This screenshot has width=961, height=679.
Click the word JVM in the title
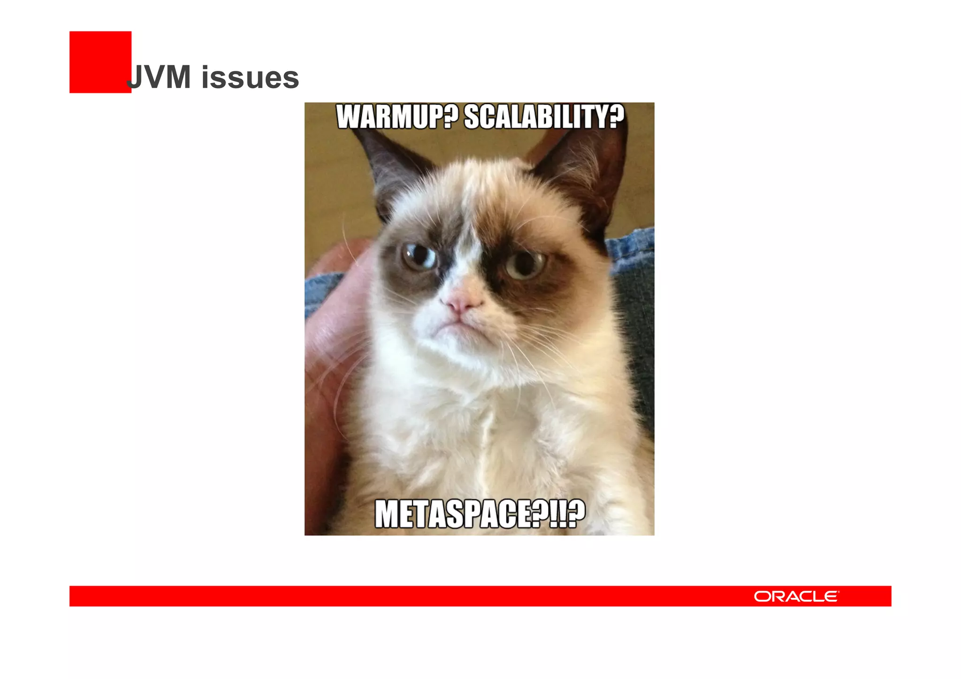160,77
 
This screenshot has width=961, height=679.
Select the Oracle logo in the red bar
796,596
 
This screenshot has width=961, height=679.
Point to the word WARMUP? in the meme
397,117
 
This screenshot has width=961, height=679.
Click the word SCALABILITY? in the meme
544,117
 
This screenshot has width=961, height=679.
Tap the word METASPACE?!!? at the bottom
480,514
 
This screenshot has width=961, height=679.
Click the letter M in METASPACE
388,514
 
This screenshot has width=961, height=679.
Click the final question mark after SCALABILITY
616,117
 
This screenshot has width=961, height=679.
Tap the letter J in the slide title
135,77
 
